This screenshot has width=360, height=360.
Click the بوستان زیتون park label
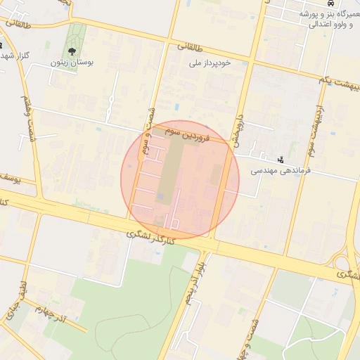pos(72,63)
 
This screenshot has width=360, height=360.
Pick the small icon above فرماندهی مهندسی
pos(281,160)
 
